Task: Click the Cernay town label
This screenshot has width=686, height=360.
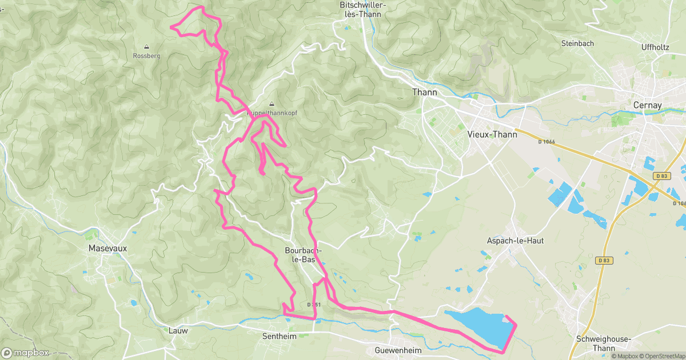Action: tap(647, 105)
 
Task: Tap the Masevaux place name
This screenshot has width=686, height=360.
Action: tap(107, 249)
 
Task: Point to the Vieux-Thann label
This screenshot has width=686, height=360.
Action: tap(492, 134)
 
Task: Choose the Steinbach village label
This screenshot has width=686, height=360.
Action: tap(577, 43)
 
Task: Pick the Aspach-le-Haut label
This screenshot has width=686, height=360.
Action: tap(515, 241)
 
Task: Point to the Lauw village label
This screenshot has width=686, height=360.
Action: tap(178, 330)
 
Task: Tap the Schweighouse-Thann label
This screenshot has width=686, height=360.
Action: tap(603, 343)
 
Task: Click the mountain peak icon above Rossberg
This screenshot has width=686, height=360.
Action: tap(146, 47)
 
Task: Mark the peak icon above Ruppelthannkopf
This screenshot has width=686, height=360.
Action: tap(272, 104)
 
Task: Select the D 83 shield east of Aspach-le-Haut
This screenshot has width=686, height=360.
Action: tap(604, 260)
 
